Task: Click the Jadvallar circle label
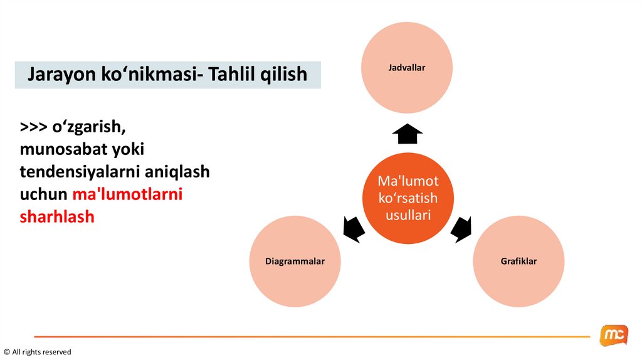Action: coord(406,67)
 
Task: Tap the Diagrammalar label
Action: coord(295,261)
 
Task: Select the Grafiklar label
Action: coord(518,261)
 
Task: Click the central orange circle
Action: coord(408,198)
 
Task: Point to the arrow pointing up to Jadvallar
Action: coord(407,133)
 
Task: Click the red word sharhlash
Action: coord(57,217)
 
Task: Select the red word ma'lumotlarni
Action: coord(127,194)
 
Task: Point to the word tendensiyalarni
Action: coord(83,172)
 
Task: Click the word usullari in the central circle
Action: coord(408,215)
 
